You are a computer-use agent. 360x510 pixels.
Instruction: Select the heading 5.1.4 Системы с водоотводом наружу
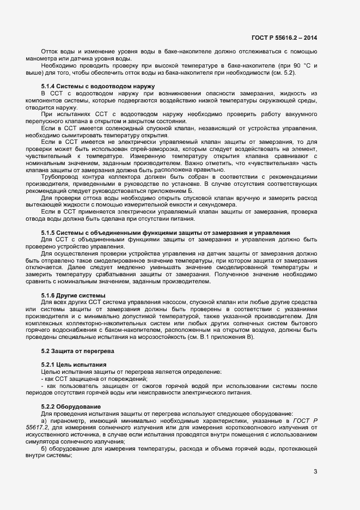98,87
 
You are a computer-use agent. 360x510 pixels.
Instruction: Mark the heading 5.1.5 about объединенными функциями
165,233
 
